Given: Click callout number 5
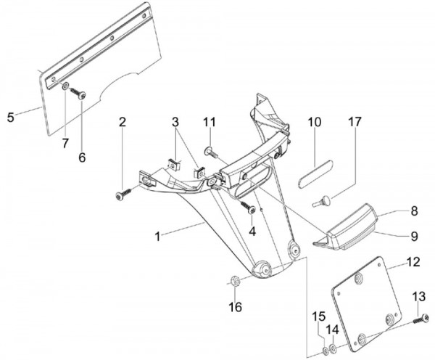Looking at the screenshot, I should click(x=9, y=116).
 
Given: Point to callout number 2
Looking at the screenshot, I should click(x=123, y=122).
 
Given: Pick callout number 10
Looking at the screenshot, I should click(x=315, y=122).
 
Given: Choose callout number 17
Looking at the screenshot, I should click(x=355, y=122).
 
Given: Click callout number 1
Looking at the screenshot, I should click(x=158, y=236).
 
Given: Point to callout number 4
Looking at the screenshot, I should click(x=252, y=231).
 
